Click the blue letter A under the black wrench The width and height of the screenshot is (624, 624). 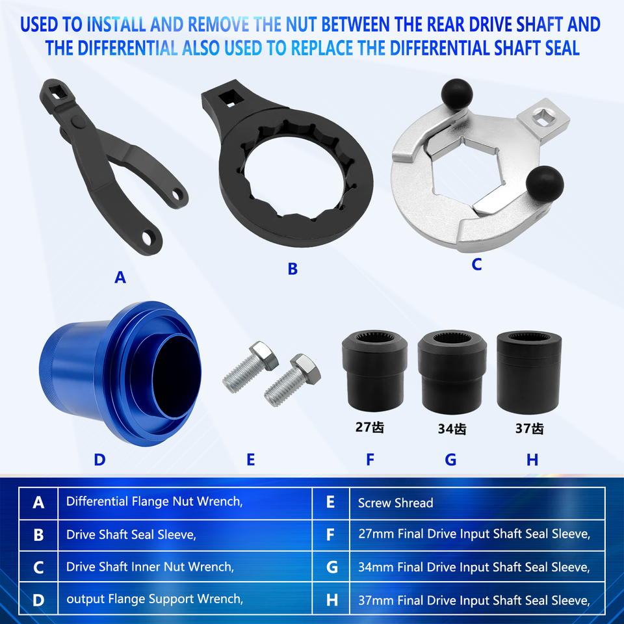[120, 278]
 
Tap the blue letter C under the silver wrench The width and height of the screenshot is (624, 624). [476, 265]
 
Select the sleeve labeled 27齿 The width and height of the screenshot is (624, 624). [374, 374]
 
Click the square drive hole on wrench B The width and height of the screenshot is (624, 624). [228, 99]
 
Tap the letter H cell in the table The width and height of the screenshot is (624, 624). [331, 599]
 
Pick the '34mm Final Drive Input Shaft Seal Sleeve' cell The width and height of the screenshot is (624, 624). [474, 567]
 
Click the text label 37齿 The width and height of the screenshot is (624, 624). [528, 429]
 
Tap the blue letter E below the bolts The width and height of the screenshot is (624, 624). [251, 460]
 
